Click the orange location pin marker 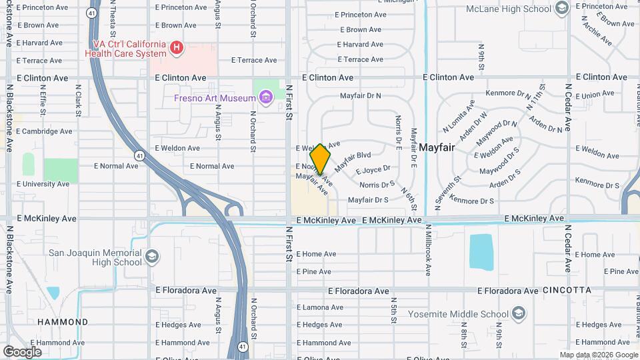pyautogui.click(x=321, y=159)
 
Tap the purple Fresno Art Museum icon pyautogui.click(x=266, y=99)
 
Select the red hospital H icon pyautogui.click(x=176, y=47)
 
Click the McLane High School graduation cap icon pyautogui.click(x=561, y=8)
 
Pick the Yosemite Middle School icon pyautogui.click(x=519, y=314)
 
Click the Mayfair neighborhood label pyautogui.click(x=437, y=147)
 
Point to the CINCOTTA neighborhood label pyautogui.click(x=567, y=291)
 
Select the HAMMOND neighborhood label pyautogui.click(x=63, y=322)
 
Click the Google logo pyautogui.click(x=22, y=351)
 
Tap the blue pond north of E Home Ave pyautogui.click(x=481, y=251)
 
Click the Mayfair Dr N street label pyautogui.click(x=360, y=96)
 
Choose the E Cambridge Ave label pyautogui.click(x=43, y=131)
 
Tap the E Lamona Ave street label pyautogui.click(x=319, y=307)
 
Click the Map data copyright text pyautogui.click(x=599, y=355)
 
